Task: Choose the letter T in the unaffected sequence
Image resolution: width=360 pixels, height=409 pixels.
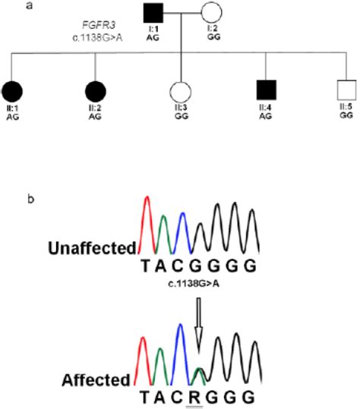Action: [x=147, y=266]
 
